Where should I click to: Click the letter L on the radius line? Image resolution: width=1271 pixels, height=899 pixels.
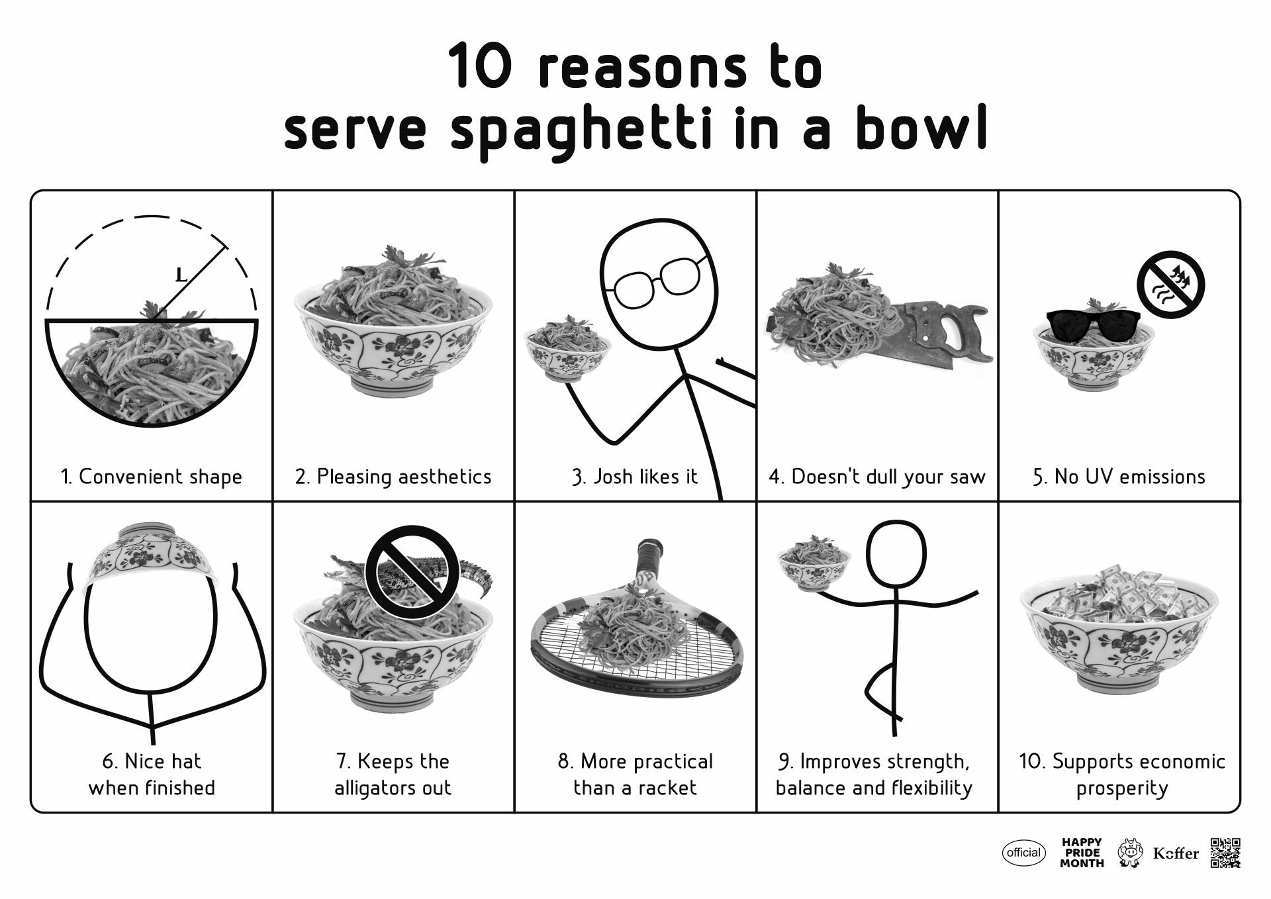pyautogui.click(x=181, y=274)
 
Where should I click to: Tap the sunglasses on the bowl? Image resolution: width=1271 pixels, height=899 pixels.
pyautogui.click(x=1093, y=325)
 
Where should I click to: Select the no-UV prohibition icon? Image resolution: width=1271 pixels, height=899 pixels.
pyautogui.click(x=1170, y=285)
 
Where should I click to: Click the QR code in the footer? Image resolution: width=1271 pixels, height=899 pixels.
pyautogui.click(x=1225, y=853)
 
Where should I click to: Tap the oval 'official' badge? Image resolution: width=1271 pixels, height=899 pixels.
pyautogui.click(x=1023, y=853)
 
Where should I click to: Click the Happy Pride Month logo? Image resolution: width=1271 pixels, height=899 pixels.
pyautogui.click(x=1082, y=853)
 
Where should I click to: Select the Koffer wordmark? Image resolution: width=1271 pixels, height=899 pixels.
pyautogui.click(x=1176, y=853)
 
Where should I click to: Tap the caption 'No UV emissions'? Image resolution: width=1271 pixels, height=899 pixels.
pyautogui.click(x=1119, y=477)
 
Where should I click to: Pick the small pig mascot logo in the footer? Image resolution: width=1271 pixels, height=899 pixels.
pyautogui.click(x=1131, y=853)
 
